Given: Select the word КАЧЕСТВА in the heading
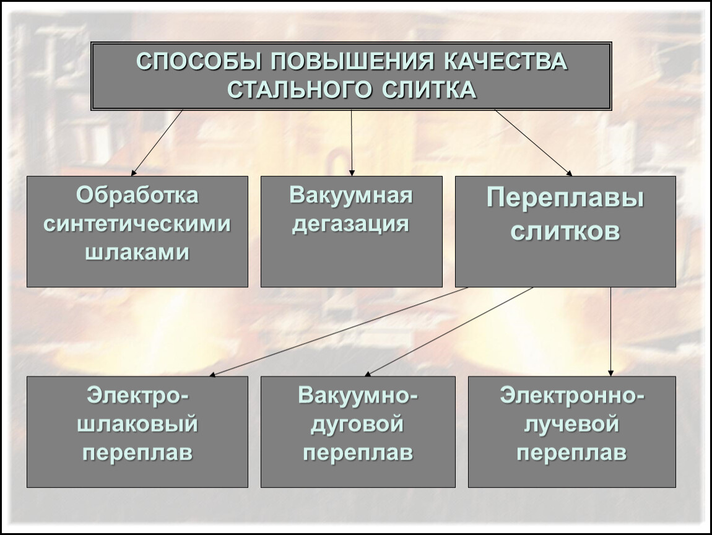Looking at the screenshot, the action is click(x=505, y=62).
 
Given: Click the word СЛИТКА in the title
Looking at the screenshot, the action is click(x=429, y=90).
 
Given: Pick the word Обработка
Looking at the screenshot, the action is click(x=137, y=195).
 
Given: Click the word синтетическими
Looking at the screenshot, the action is click(x=137, y=224).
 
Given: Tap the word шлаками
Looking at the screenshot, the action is click(x=137, y=253).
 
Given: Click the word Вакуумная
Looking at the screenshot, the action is click(x=351, y=195).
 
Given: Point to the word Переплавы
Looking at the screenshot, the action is click(x=565, y=199).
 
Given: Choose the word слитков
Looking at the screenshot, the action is click(x=565, y=231).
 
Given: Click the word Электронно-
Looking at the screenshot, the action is click(x=571, y=396).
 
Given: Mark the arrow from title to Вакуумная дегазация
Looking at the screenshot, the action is click(x=352, y=143).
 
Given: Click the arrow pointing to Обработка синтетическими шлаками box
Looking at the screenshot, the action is click(x=157, y=142).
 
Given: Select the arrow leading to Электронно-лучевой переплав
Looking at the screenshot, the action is click(x=610, y=331).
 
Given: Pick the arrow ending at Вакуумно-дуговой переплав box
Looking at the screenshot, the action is click(x=449, y=331).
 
